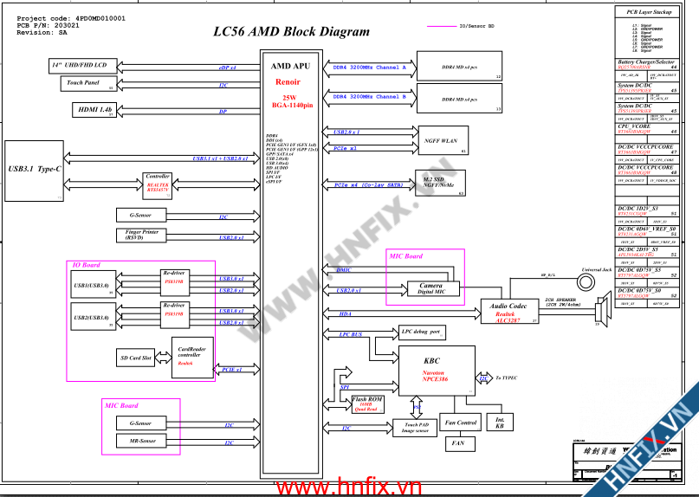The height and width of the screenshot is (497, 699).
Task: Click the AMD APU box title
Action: coord(290,66)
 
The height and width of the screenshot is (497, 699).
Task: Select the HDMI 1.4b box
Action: coord(95,110)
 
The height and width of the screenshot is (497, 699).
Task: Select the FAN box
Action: coord(459,443)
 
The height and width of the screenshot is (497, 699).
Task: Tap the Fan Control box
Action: coord(459,423)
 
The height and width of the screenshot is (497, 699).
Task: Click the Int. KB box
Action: coord(500,423)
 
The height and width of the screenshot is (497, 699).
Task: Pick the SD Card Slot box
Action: coord(134,358)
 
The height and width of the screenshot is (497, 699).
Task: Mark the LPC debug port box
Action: coord(422,332)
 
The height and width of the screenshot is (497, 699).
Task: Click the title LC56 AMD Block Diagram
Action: coord(291,32)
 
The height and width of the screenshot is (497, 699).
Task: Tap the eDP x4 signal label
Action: coord(228,67)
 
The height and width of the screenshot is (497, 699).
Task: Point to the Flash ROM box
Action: coord(367,403)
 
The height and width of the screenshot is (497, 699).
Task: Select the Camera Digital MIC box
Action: coord(430,288)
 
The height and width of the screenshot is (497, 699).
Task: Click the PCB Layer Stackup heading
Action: coord(648,11)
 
